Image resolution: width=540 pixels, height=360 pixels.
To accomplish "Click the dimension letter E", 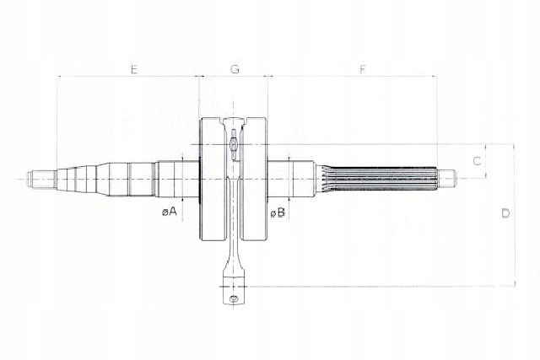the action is pos(133,69).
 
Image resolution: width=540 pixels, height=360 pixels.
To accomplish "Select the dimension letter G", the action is pos(235,69).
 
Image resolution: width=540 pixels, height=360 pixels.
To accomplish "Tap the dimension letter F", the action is pos(361,69).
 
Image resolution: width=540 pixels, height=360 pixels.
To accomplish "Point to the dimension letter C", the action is pos(477,160).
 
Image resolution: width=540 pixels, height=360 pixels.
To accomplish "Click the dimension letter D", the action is pos(505,213).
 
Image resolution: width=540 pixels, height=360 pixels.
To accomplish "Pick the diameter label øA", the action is pos(169,211).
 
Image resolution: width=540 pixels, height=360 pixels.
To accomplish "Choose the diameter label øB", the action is pos(278,212).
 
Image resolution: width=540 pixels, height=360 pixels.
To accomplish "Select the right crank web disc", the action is pos(254,181).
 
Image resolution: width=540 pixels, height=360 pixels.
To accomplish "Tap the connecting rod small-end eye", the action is pos(233,298).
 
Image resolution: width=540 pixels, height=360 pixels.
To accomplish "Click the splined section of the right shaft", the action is pos(380,178).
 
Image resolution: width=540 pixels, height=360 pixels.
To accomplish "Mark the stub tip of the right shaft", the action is pos(447,178).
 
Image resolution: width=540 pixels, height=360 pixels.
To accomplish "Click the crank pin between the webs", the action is pos(233,148).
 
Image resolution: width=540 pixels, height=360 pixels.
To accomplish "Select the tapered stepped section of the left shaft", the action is pos(80,178).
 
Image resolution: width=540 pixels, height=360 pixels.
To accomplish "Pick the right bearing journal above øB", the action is pos(282,178).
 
